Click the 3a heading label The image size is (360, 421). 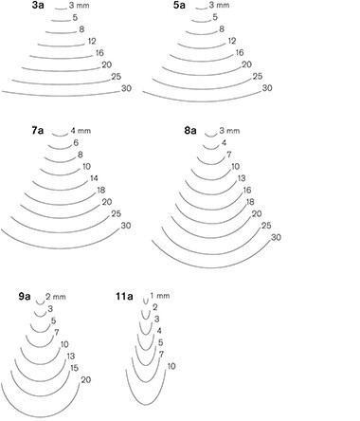38,6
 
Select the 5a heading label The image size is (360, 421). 179,6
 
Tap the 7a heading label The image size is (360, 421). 37,131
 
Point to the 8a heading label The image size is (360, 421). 190,131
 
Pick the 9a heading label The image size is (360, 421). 25,297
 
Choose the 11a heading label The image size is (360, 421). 124,297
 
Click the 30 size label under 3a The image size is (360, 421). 126,88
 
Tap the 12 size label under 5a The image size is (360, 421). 232,41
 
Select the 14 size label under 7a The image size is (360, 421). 94,178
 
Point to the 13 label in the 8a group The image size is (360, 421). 242,178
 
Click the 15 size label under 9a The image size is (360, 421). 74,368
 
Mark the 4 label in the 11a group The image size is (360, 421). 159,331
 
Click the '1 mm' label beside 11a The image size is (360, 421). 160,296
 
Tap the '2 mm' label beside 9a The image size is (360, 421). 56,297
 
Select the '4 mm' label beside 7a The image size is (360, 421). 81,131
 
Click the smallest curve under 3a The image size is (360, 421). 61,9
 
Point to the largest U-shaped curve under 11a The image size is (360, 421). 146,405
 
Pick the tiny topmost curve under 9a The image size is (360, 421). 41,304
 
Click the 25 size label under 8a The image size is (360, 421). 266,226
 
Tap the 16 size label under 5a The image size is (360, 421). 240,53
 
